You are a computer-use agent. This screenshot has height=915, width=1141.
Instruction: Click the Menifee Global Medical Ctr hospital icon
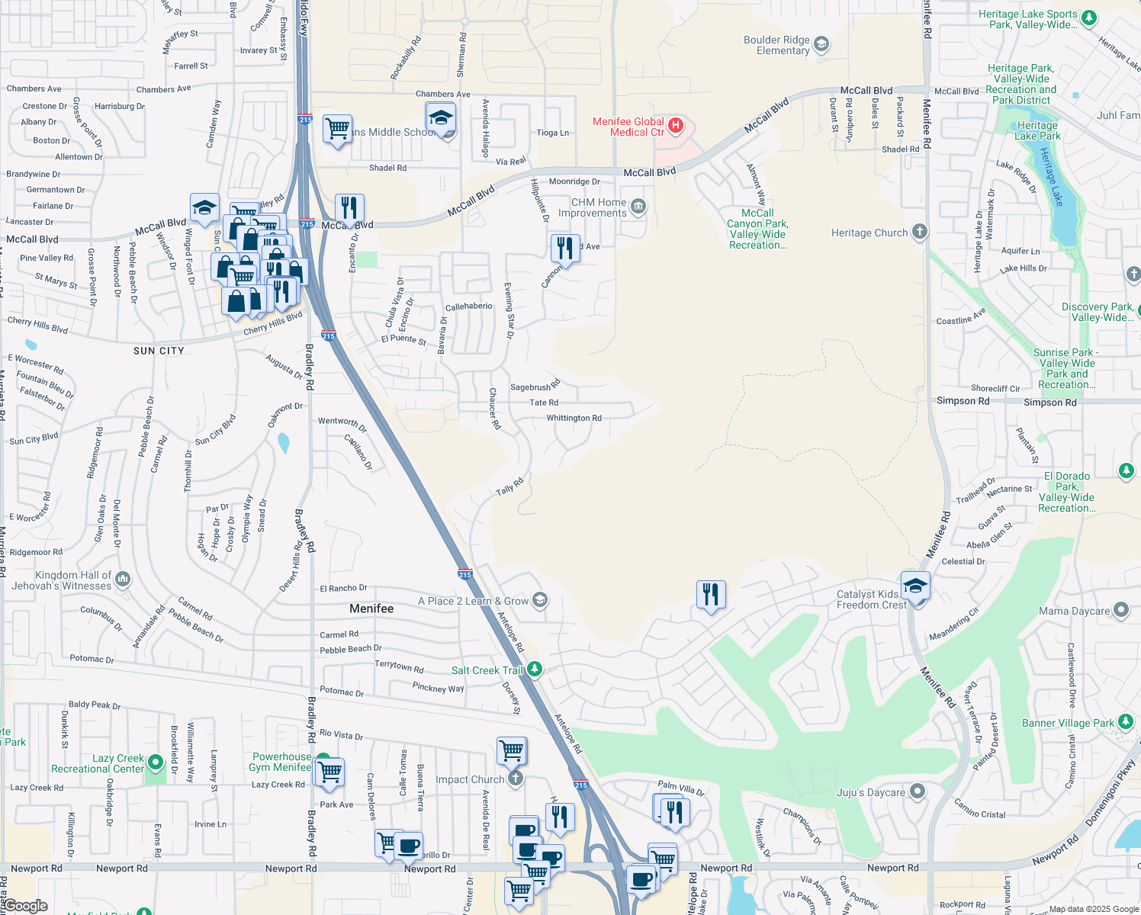click(x=675, y=125)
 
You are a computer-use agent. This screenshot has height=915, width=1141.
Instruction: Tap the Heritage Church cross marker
click(x=920, y=232)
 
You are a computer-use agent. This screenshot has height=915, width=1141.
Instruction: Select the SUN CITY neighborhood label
click(x=159, y=351)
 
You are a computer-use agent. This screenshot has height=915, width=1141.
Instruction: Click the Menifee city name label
click(x=371, y=608)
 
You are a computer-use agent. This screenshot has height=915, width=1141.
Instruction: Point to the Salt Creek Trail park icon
click(x=535, y=669)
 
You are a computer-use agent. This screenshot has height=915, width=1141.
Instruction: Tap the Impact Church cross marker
click(x=516, y=779)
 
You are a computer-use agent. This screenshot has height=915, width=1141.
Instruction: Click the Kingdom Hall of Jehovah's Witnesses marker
click(x=123, y=579)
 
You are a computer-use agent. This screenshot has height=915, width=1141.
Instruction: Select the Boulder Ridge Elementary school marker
click(x=821, y=44)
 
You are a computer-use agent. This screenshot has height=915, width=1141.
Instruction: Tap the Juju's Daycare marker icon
click(x=917, y=792)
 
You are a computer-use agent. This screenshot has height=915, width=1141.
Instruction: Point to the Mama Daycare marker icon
click(x=1120, y=610)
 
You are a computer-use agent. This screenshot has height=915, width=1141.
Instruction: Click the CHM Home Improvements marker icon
click(x=638, y=207)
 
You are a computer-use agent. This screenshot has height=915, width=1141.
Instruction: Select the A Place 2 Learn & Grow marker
click(x=540, y=600)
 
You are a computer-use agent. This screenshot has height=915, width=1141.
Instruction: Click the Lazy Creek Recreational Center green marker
click(x=156, y=762)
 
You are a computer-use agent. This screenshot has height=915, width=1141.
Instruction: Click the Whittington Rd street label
click(x=574, y=418)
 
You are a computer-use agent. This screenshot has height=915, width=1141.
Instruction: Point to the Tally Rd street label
click(x=509, y=486)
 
